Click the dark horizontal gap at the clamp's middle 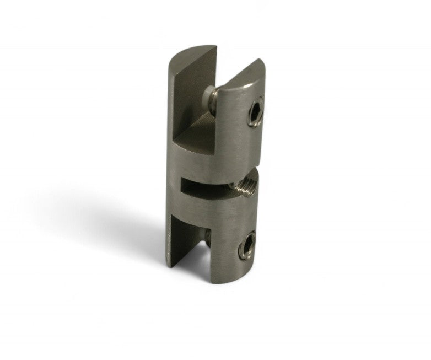click(204, 184)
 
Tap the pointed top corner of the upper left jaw click(217, 46)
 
